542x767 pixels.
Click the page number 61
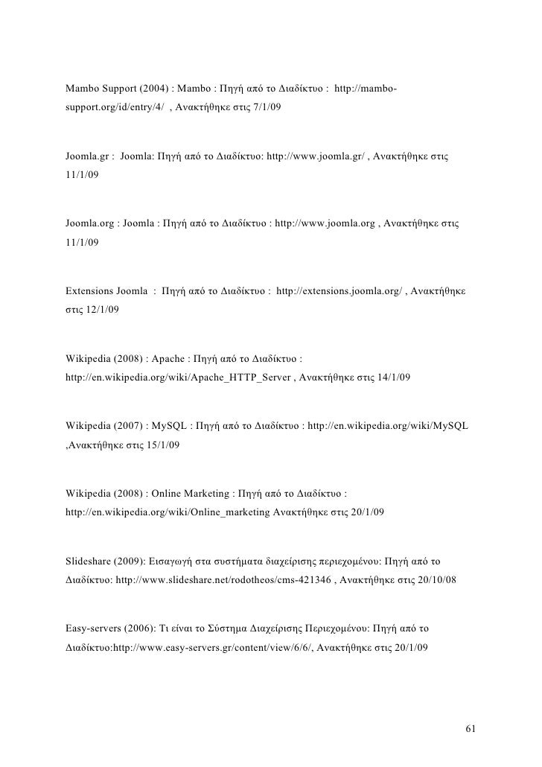[469, 728]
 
